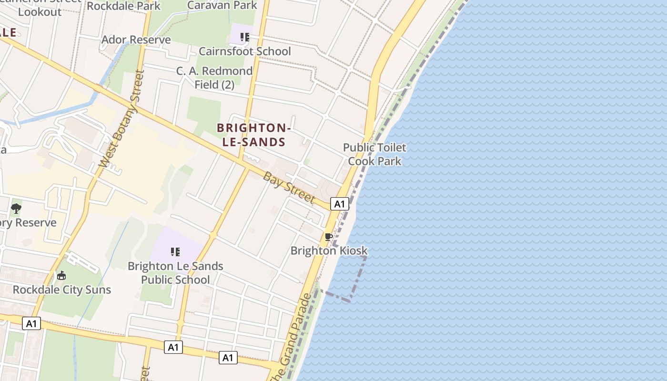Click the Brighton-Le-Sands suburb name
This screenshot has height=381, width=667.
(253, 135)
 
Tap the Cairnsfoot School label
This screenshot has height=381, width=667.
(244, 51)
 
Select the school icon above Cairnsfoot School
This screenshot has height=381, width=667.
(245, 37)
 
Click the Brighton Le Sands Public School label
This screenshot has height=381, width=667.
(175, 273)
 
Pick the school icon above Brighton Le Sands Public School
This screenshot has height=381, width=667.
(175, 251)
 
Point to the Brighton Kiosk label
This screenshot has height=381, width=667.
(329, 251)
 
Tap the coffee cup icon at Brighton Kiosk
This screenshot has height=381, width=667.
(328, 237)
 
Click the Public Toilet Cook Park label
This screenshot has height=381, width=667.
(374, 154)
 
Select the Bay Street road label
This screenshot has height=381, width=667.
(289, 187)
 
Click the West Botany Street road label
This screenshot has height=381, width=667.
(121, 119)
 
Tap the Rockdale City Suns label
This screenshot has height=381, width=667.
(61, 290)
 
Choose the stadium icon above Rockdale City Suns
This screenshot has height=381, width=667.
(61, 275)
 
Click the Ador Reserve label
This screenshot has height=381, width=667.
(136, 40)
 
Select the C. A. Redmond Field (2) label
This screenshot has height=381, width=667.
(214, 78)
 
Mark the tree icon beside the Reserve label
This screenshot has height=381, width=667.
(16, 208)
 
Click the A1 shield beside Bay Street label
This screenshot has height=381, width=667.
(339, 204)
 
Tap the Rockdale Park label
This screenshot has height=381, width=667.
(124, 6)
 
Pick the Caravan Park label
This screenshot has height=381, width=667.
(222, 5)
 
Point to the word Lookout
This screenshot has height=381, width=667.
(40, 12)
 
